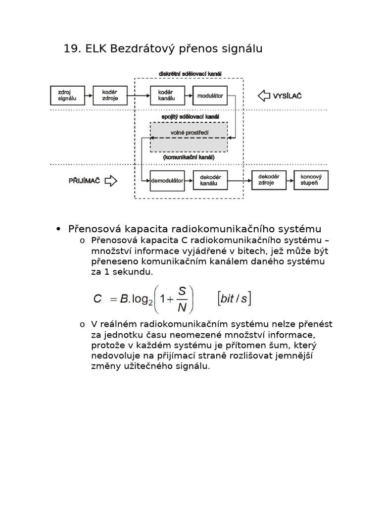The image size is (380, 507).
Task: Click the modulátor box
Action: click(x=210, y=96)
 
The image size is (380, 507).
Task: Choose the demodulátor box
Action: click(x=167, y=181)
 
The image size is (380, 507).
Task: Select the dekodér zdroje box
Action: click(x=269, y=181)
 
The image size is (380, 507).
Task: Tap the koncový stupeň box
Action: click(x=311, y=181)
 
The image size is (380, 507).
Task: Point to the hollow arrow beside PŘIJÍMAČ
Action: click(x=111, y=181)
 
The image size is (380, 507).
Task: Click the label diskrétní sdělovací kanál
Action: click(x=190, y=74)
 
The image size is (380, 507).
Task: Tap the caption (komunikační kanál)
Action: click(x=189, y=157)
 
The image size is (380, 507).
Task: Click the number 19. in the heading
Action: click(x=73, y=49)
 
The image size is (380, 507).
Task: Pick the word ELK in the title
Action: click(x=96, y=49)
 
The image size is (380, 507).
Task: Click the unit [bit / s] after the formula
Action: click(x=234, y=299)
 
